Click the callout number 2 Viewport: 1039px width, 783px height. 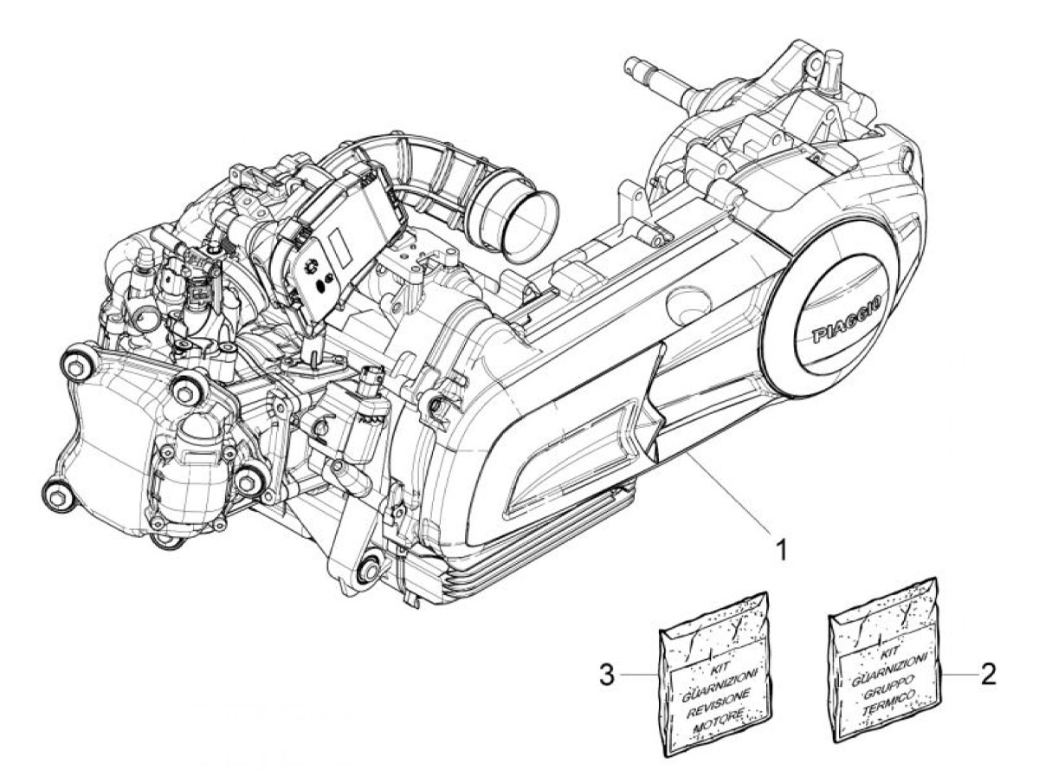(x=988, y=674)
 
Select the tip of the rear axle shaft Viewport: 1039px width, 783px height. (x=630, y=64)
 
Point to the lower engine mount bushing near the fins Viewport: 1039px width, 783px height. (x=371, y=571)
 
